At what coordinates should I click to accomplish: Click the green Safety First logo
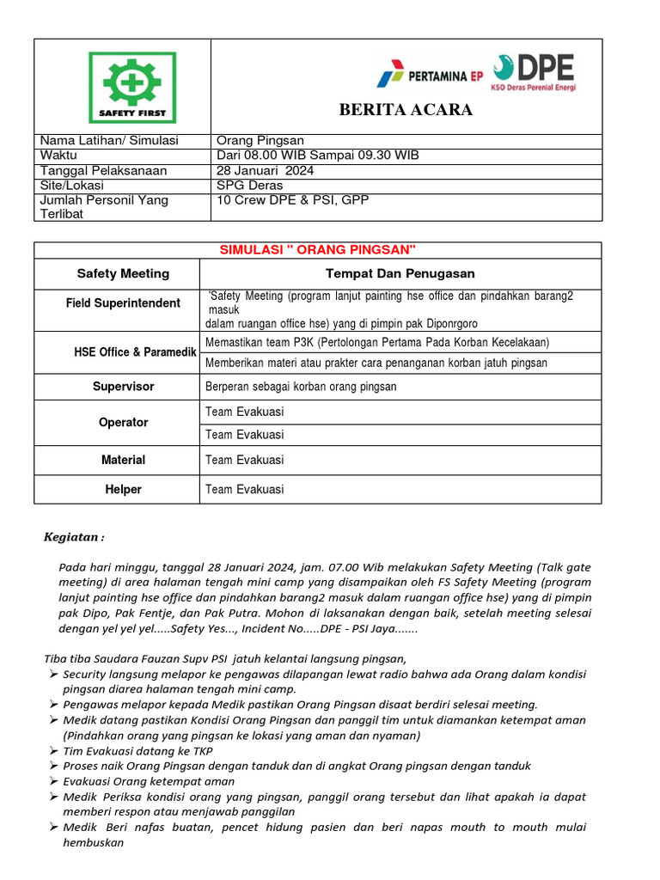[x=132, y=87]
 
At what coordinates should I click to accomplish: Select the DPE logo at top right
[x=534, y=72]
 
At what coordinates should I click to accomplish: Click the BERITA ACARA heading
[x=406, y=110]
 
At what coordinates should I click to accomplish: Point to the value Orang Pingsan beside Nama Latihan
[x=260, y=141]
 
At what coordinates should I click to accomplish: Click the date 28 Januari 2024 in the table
[x=266, y=170]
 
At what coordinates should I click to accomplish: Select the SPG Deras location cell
[x=250, y=185]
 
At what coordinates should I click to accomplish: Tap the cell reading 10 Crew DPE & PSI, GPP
[x=292, y=199]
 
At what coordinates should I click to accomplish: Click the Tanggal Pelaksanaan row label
[x=104, y=170]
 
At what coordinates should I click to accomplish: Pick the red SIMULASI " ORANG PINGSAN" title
[x=318, y=249]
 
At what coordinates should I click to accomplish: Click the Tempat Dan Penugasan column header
[x=400, y=273]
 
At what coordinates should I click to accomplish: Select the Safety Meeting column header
[x=123, y=273]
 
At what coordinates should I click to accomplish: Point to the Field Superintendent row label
[x=123, y=303]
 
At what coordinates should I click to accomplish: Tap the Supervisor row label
[x=123, y=387]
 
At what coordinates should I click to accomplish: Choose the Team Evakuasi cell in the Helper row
[x=245, y=489]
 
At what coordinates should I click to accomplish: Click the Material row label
[x=123, y=460]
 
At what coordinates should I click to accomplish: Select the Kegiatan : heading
[x=74, y=538]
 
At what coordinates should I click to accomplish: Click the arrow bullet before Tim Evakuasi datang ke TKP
[x=52, y=750]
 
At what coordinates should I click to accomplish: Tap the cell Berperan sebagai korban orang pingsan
[x=301, y=387]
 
